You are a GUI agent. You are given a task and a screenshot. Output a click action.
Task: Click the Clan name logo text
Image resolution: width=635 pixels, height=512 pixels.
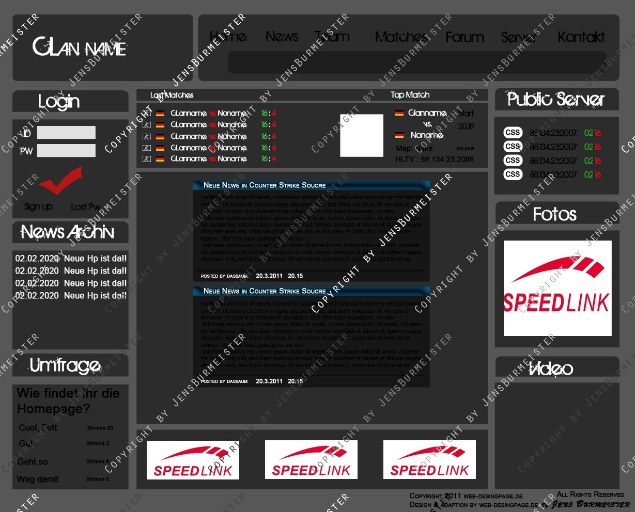(x=80, y=47)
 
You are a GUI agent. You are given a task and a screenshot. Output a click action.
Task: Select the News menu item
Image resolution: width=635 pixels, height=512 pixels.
(x=282, y=37)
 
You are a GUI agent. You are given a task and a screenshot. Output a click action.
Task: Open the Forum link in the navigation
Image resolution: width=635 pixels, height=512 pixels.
(x=464, y=37)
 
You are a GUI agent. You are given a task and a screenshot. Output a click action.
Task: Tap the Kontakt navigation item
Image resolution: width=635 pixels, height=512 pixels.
(x=581, y=37)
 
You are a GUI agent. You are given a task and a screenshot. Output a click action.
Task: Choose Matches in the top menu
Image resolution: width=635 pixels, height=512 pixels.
(x=401, y=37)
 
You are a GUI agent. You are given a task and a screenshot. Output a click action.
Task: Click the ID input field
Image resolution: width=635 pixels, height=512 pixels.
(x=66, y=133)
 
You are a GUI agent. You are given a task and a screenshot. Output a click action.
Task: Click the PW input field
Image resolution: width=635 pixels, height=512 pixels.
(x=66, y=151)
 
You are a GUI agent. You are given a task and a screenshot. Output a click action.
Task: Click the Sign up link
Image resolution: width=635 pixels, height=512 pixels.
(x=38, y=206)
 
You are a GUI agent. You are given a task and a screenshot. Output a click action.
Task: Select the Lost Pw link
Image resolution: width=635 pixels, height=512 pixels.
(x=86, y=207)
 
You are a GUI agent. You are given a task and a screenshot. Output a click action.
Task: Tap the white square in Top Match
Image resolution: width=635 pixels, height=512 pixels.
(x=362, y=135)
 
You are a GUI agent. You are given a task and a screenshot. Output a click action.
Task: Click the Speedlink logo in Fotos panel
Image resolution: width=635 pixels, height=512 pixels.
(x=557, y=288)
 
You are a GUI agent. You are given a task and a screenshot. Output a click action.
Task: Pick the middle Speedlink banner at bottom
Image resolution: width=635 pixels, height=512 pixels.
(x=311, y=459)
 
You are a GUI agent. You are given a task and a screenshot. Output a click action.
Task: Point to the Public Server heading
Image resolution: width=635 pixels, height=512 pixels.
(x=556, y=99)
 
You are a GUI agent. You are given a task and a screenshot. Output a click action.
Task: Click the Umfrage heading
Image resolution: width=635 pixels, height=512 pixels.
(x=65, y=365)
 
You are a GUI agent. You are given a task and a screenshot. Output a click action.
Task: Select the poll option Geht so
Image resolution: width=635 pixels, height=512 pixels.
(x=33, y=461)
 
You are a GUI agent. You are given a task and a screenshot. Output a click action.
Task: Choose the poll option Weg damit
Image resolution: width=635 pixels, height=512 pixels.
(x=38, y=479)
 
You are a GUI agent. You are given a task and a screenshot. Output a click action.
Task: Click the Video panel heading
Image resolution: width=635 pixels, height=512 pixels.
(x=551, y=369)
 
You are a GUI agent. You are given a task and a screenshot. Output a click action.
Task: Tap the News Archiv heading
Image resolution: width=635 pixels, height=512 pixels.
(x=67, y=232)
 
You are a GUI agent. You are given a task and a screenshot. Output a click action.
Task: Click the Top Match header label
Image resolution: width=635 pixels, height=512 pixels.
(x=410, y=95)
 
